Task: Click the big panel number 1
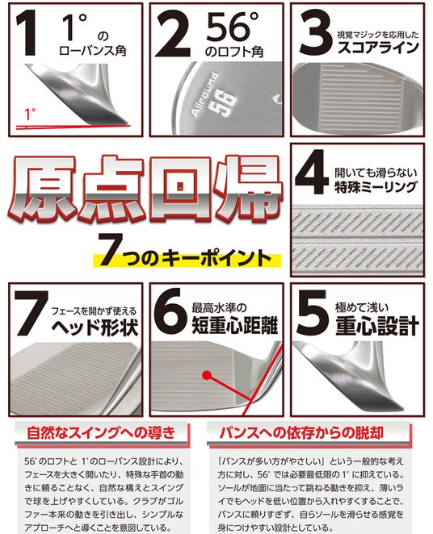(27, 32)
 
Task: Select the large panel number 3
(314, 33)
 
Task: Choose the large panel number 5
(313, 313)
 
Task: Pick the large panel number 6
(170, 311)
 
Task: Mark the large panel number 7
(30, 314)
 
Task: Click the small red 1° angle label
(30, 115)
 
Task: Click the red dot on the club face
(206, 375)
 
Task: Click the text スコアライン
(378, 47)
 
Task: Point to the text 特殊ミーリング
(376, 187)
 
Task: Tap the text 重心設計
(377, 326)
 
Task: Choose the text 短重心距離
(234, 325)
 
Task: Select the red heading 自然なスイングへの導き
(101, 432)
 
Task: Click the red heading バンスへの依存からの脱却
(301, 432)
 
